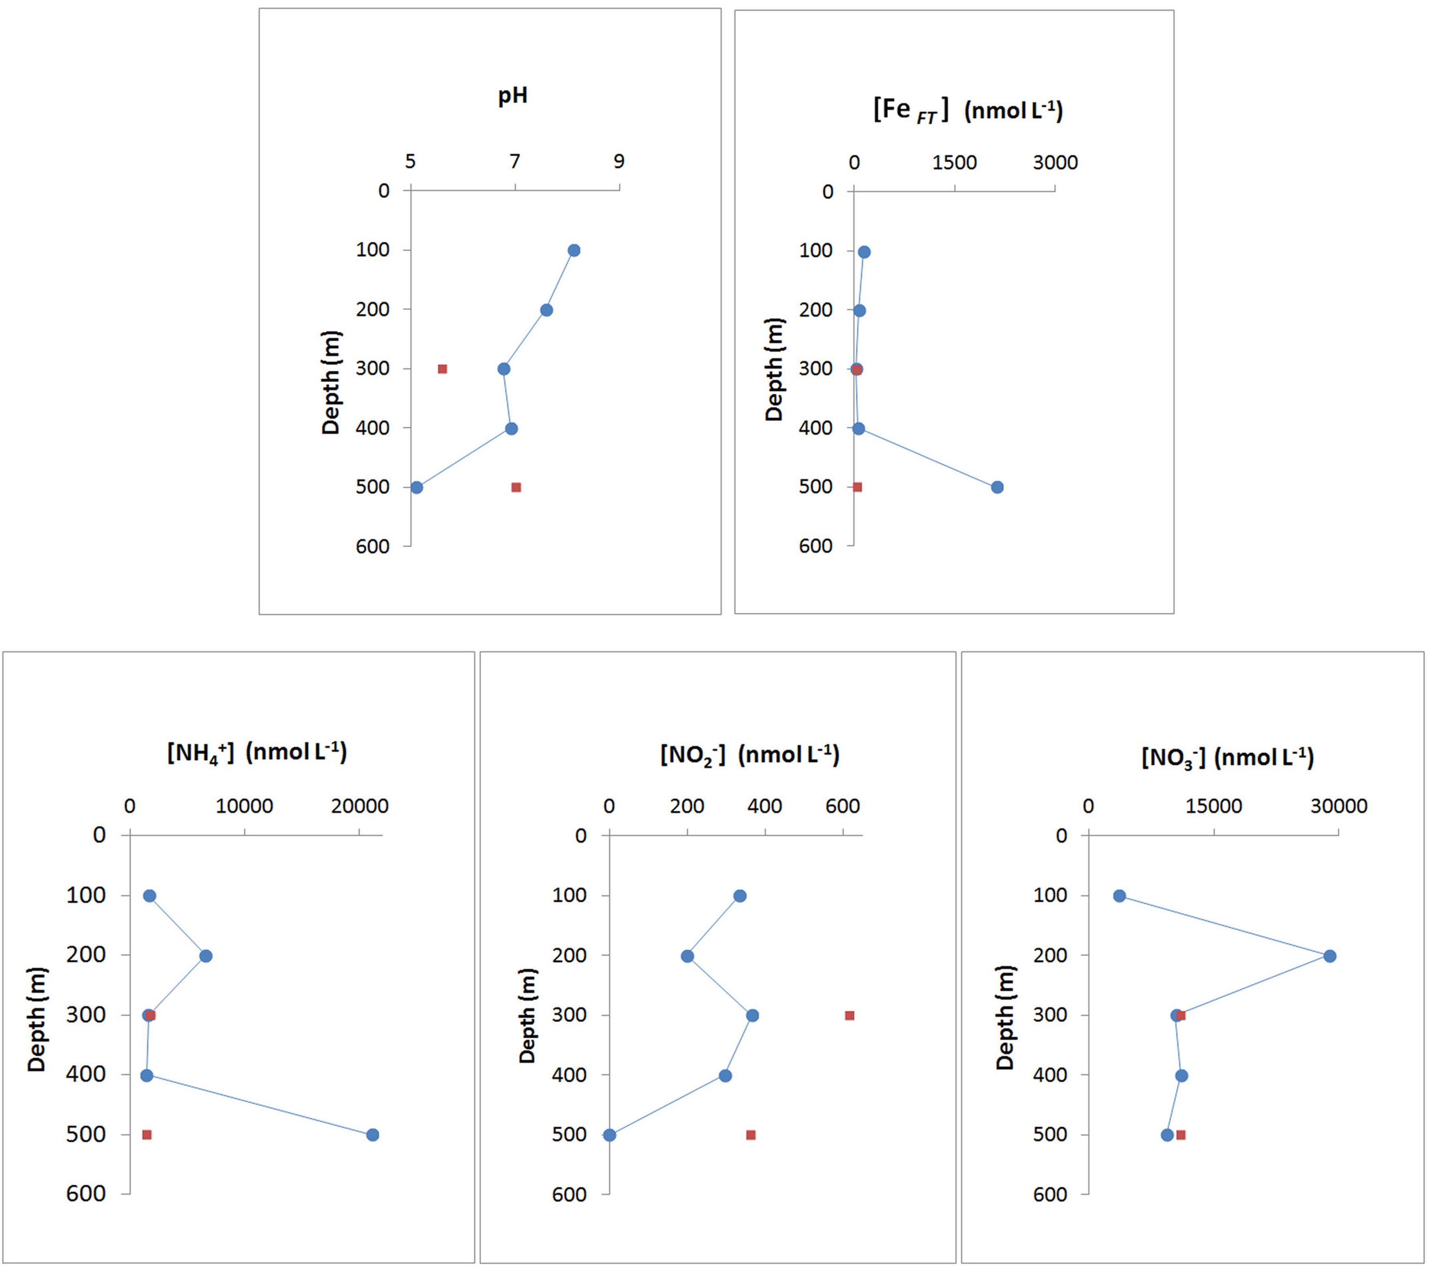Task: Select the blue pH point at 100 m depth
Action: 574,251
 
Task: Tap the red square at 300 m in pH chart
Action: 442,369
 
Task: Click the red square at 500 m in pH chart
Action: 516,487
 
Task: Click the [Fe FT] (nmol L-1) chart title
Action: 968,111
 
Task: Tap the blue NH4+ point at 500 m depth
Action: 373,1135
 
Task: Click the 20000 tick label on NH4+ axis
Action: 359,806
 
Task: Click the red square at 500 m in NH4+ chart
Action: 147,1135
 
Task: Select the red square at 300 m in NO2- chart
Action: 849,1015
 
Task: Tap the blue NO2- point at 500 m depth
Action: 610,1135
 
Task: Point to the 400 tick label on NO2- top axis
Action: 765,806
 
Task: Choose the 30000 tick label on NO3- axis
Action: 1339,806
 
